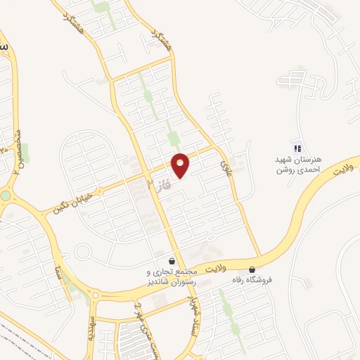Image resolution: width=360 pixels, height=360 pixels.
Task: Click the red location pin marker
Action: tap(181, 165)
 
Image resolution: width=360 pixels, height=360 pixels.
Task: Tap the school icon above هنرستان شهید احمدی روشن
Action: tap(296, 148)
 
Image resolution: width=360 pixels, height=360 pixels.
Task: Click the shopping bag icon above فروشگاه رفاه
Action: tap(252, 269)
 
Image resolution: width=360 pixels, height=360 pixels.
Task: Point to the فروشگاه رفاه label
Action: tap(252, 280)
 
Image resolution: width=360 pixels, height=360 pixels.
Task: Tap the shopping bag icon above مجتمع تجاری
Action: tap(172, 262)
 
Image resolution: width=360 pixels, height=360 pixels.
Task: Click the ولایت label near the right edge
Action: tap(341, 172)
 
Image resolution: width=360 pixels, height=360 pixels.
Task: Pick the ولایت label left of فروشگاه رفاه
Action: tap(219, 268)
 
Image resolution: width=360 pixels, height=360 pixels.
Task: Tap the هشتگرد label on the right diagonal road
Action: tap(159, 32)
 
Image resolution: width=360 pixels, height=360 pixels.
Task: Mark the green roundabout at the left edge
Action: tap(6, 195)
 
